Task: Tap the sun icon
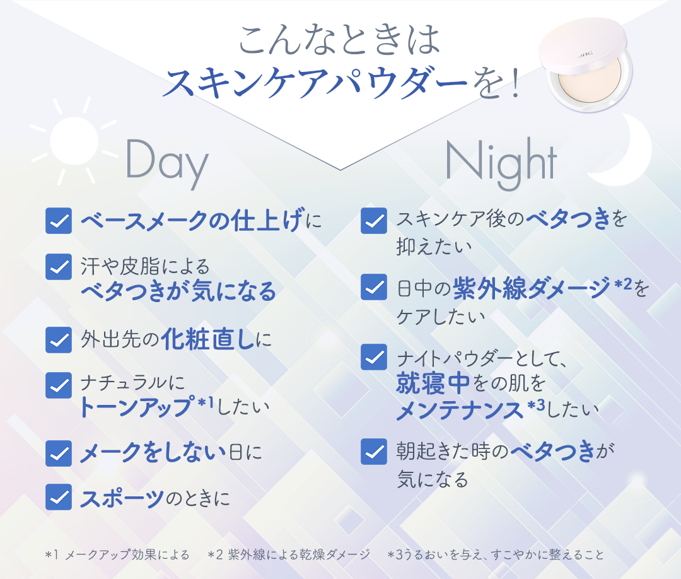pos(74,141)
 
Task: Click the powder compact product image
pos(585,65)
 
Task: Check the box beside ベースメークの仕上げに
pos(59,221)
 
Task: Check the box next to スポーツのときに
pos(59,497)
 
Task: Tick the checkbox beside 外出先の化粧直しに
pos(59,340)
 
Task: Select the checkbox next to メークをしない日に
pos(59,453)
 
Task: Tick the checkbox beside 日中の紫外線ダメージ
pos(374,287)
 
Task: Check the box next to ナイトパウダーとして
pos(374,357)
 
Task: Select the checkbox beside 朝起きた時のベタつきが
pos(374,452)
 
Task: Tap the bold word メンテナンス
pos(460,410)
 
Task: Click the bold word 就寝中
pos(433,383)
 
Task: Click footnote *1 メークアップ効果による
pos(117,554)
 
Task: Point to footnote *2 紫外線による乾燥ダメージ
pos(289,554)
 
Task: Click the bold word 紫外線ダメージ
pos(532,288)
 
